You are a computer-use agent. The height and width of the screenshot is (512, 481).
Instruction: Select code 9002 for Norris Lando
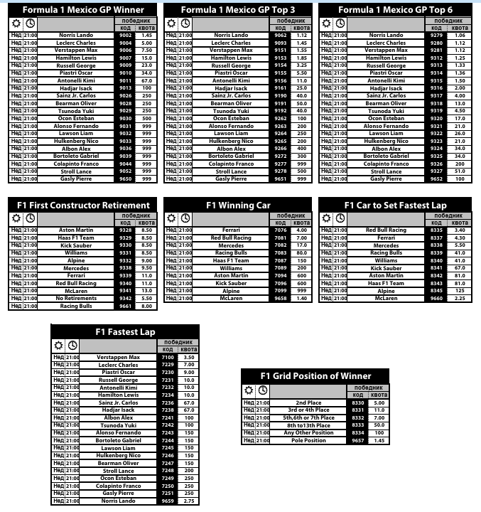pos(125,35)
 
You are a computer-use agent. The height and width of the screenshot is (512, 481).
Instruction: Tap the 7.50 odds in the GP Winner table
pos(147,50)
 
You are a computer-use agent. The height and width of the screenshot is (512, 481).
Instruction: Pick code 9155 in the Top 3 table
pos(281,73)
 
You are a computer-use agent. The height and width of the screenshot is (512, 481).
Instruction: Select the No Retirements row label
pos(76,299)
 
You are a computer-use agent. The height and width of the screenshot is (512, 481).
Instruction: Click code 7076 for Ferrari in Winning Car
pos(281,230)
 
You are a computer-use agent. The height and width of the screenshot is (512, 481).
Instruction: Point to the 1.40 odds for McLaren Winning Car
pos(302,299)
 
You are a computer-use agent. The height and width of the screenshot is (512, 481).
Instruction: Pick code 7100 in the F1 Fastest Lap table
pos(168,357)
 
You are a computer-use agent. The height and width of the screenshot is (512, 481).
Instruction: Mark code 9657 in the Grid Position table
pos(358,441)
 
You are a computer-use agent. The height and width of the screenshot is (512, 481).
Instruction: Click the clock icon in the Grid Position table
pos(263,390)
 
